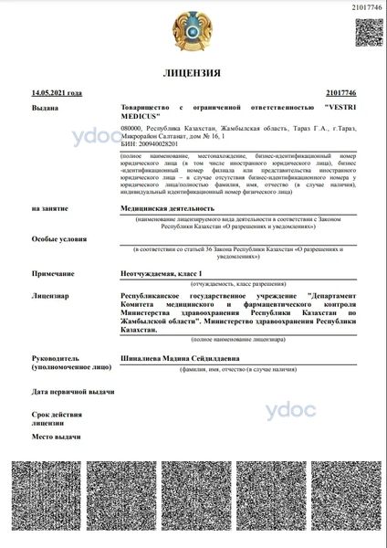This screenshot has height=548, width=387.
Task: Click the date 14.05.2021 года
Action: pyautogui.click(x=57, y=93)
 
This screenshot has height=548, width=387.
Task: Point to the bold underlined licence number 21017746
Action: pyautogui.click(x=340, y=93)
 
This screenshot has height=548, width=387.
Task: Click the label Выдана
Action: pyautogui.click(x=45, y=108)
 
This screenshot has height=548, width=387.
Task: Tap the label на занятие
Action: pyautogui.click(x=51, y=209)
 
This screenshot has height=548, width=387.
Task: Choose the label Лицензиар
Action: pyautogui.click(x=50, y=296)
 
